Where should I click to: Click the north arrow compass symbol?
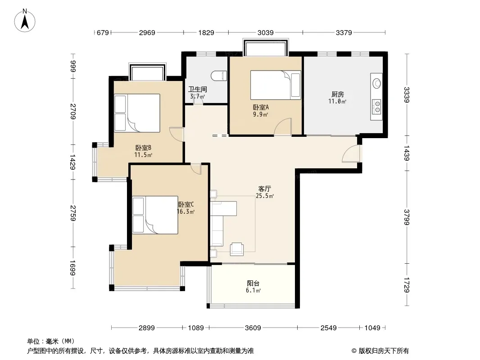(25, 21)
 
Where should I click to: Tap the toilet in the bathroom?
(219, 76)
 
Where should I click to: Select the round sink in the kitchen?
(376, 83)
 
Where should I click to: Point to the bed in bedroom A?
(276, 85)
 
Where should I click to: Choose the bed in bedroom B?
(137, 113)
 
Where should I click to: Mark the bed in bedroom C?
(155, 215)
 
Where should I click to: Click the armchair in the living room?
(237, 249)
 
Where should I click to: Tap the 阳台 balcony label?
(253, 283)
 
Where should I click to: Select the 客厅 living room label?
(264, 189)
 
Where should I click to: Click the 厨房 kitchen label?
(337, 94)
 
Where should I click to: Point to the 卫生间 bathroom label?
(198, 89)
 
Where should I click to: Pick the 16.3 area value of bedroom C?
(184, 211)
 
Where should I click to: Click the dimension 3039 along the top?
(265, 32)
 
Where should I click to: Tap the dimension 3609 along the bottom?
(253, 328)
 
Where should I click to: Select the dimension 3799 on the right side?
(407, 217)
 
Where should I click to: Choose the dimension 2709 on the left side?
(73, 112)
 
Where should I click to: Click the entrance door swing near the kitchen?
(351, 153)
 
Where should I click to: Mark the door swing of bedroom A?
(282, 126)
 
